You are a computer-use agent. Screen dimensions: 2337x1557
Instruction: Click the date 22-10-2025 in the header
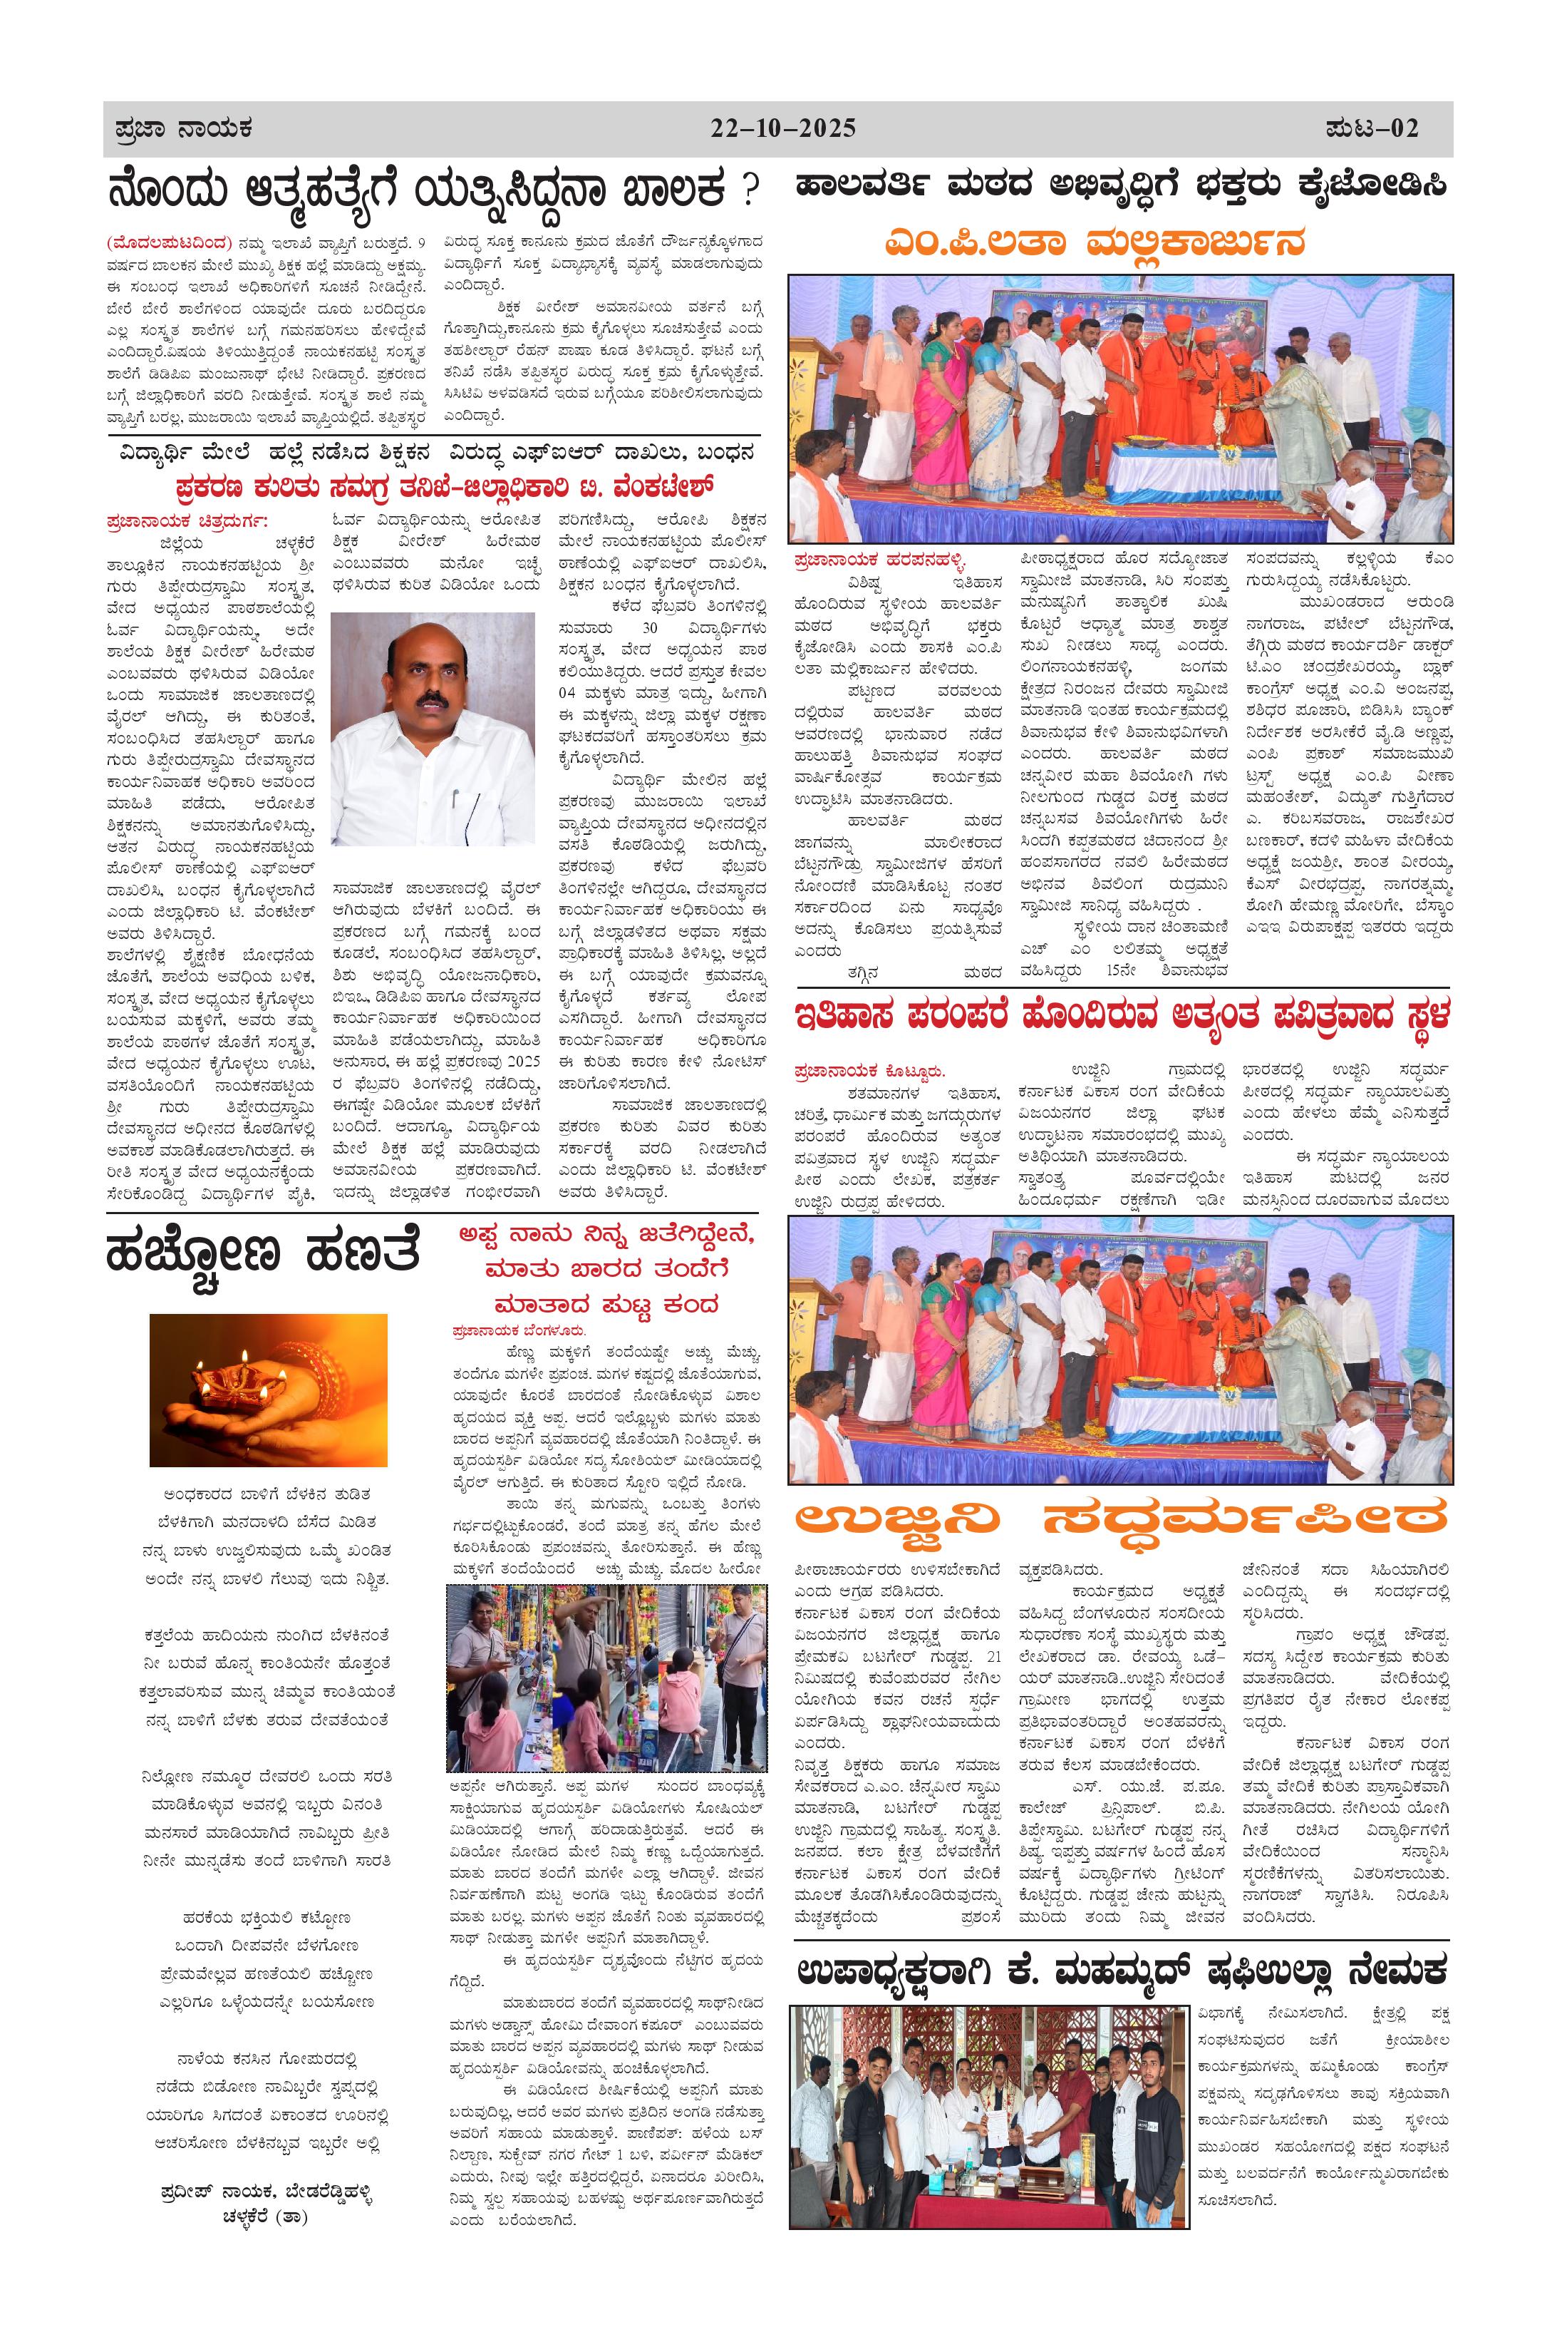782,129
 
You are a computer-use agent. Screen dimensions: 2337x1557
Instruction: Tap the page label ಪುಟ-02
1371,129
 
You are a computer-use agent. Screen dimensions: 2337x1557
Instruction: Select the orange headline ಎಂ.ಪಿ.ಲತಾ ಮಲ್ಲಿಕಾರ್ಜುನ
1095,243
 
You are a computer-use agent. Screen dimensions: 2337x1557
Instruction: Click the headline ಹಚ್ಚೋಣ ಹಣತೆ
262,1255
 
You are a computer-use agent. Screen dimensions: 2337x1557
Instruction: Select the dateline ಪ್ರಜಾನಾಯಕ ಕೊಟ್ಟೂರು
870,1072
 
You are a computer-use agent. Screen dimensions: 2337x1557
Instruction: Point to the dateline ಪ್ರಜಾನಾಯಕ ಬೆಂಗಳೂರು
518,1330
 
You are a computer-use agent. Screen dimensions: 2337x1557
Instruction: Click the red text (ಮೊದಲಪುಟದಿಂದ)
169,243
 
